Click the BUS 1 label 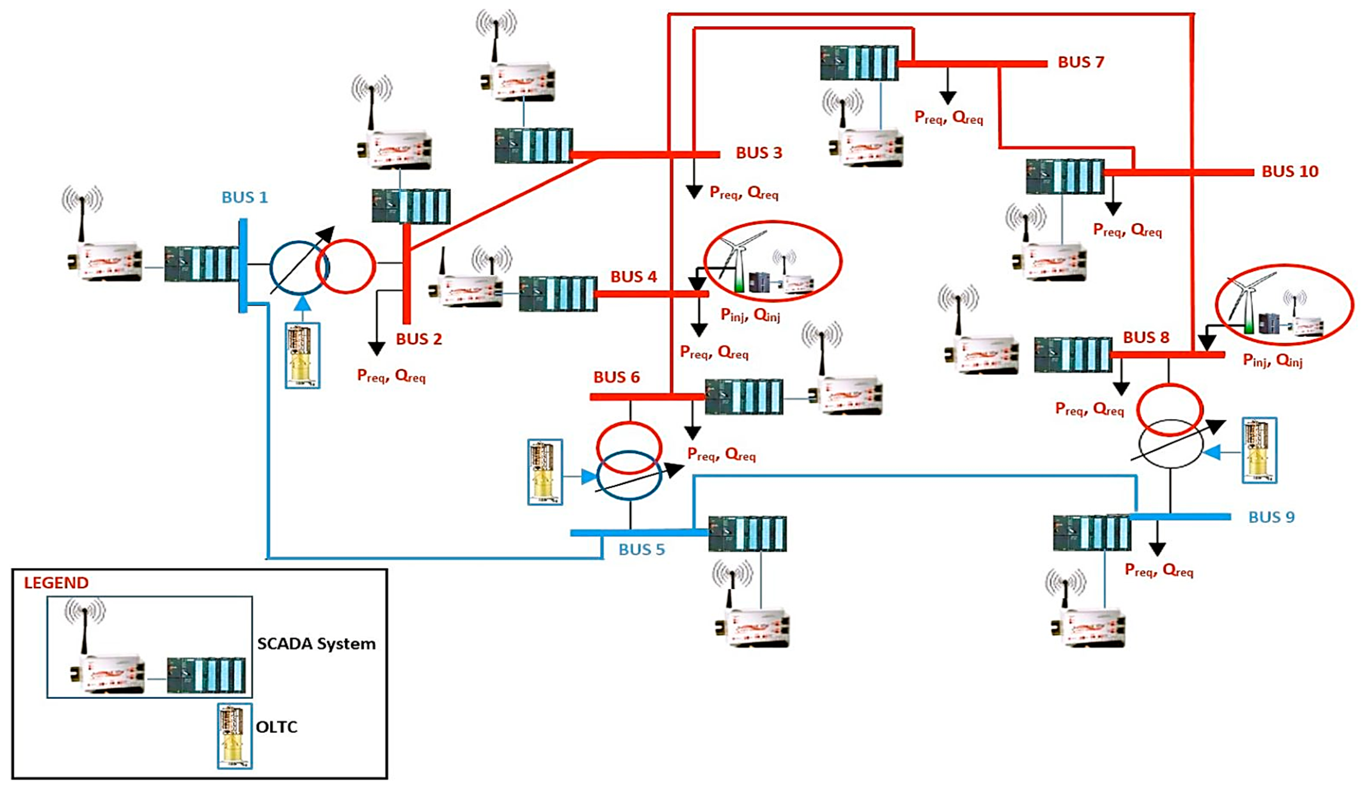pyautogui.click(x=245, y=197)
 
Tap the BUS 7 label pyautogui.click(x=1080, y=62)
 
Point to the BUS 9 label pyautogui.click(x=1271, y=517)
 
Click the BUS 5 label pyautogui.click(x=641, y=550)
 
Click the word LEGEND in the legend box pyautogui.click(x=56, y=583)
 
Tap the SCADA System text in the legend pyautogui.click(x=316, y=644)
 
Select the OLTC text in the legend pyautogui.click(x=276, y=727)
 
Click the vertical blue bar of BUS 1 pyautogui.click(x=243, y=265)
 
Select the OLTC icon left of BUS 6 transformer pyautogui.click(x=545, y=472)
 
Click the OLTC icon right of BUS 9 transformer pyautogui.click(x=1259, y=450)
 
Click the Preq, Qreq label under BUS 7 pyautogui.click(x=948, y=117)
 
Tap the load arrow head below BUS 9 pyautogui.click(x=1157, y=549)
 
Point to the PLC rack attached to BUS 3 pyautogui.click(x=533, y=146)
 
